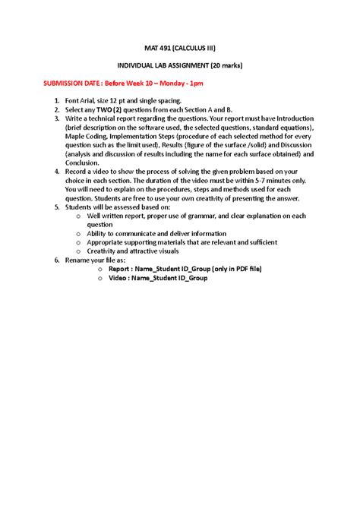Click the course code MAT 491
click(x=153, y=48)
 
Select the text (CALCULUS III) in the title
click(x=190, y=48)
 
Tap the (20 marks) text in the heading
click(x=237, y=66)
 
